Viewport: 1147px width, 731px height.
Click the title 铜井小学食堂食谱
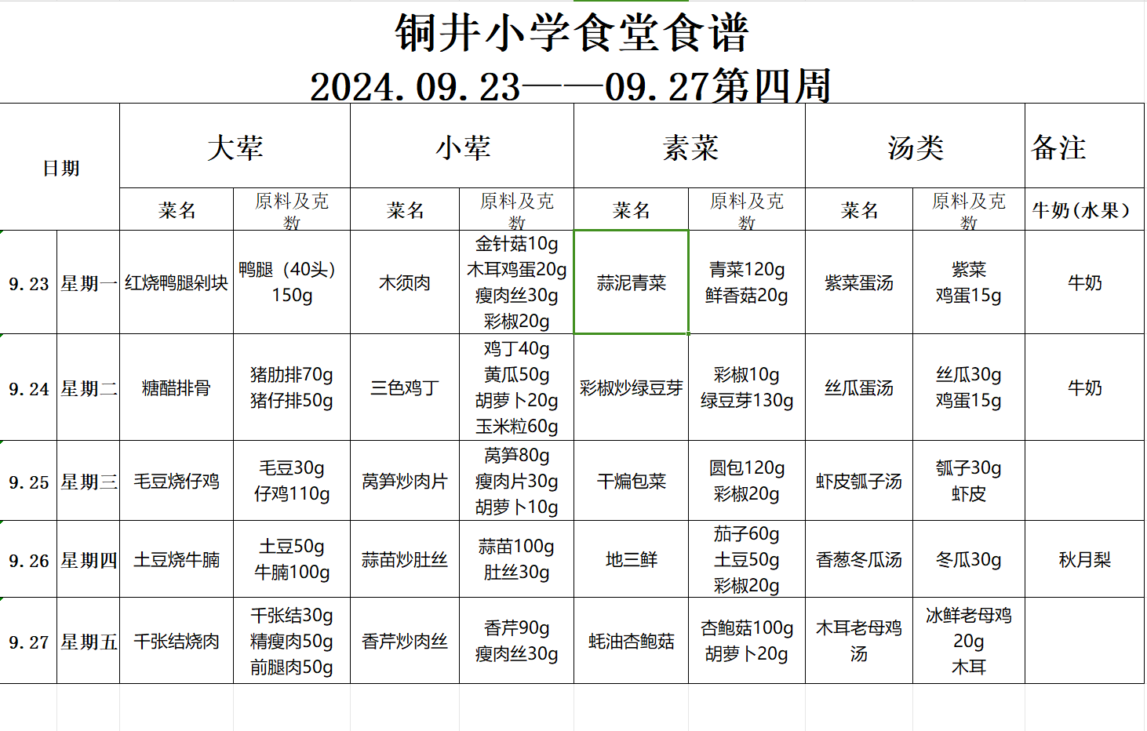tap(572, 33)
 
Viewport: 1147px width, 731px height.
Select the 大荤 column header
tap(235, 147)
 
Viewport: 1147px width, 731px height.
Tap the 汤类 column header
tap(915, 147)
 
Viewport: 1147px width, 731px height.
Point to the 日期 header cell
tap(60, 168)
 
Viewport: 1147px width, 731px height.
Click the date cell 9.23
tap(29, 284)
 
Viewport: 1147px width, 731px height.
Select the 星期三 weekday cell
tap(89, 482)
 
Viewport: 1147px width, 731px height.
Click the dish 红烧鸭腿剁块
tap(177, 283)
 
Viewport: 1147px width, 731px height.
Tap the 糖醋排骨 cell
tap(177, 388)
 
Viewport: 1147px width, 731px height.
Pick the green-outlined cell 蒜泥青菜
tap(632, 283)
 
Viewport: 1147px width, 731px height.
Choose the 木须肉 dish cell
tap(405, 283)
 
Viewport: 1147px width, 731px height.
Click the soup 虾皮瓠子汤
tap(859, 482)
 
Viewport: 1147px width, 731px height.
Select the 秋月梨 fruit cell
tap(1084, 560)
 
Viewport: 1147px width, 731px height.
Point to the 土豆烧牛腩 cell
tap(177, 560)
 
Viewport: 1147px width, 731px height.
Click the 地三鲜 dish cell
tap(632, 560)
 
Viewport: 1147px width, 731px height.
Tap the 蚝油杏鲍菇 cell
tap(632, 642)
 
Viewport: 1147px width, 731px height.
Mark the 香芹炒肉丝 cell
tap(405, 642)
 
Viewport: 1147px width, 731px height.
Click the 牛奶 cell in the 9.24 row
tap(1084, 388)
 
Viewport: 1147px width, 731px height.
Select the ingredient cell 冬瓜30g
tap(969, 560)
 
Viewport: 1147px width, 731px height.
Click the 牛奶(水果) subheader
tap(1081, 210)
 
